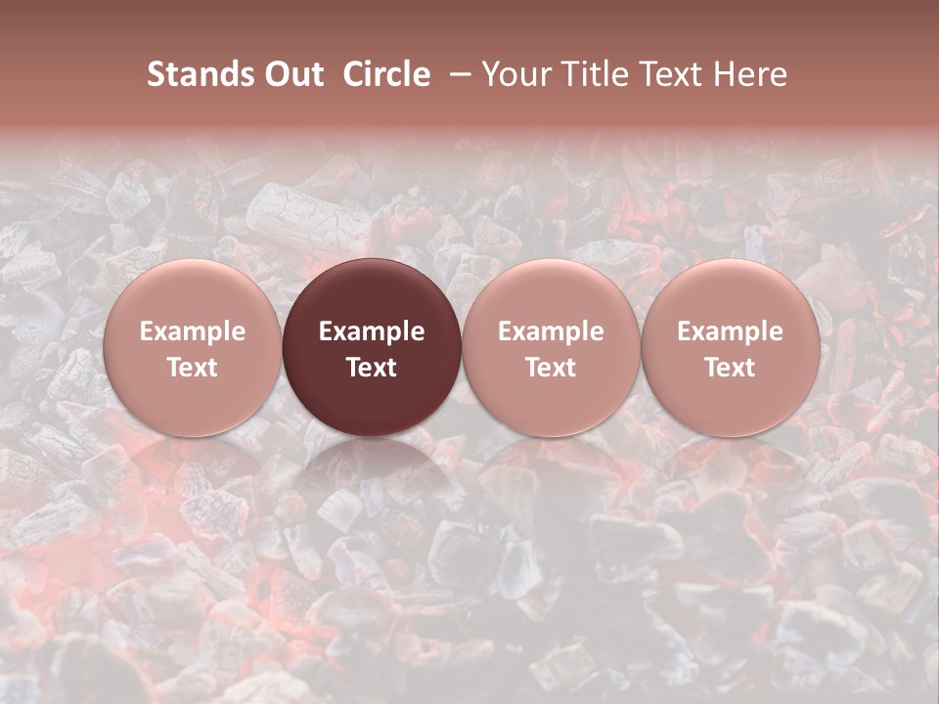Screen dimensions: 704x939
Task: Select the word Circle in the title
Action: pos(386,74)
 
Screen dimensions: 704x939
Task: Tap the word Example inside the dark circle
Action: pos(372,331)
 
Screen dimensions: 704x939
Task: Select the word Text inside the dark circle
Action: pos(372,368)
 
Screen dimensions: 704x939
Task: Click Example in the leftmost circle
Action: pos(193,331)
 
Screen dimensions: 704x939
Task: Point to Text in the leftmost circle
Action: pos(193,368)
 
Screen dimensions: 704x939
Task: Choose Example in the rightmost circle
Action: pos(730,331)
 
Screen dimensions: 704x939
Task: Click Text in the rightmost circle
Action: pos(730,368)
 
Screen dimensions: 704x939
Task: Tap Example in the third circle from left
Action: pos(551,331)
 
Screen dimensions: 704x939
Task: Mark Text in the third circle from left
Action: pos(551,368)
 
